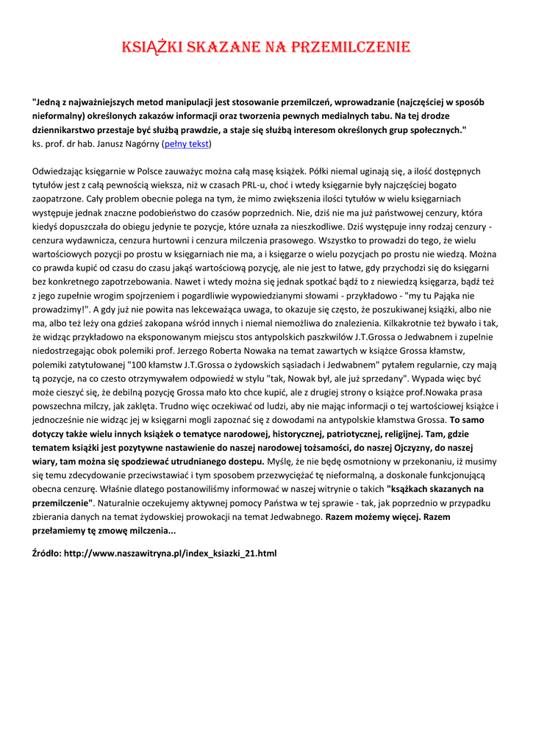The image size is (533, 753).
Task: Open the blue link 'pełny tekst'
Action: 187,144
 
